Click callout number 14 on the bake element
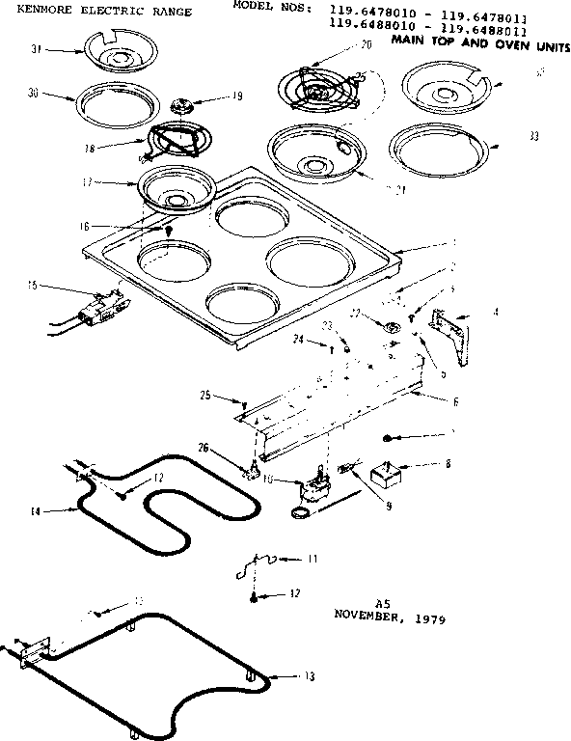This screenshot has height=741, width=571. [35, 510]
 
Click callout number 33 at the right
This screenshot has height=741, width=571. [533, 136]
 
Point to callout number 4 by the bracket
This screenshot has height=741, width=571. [495, 312]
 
